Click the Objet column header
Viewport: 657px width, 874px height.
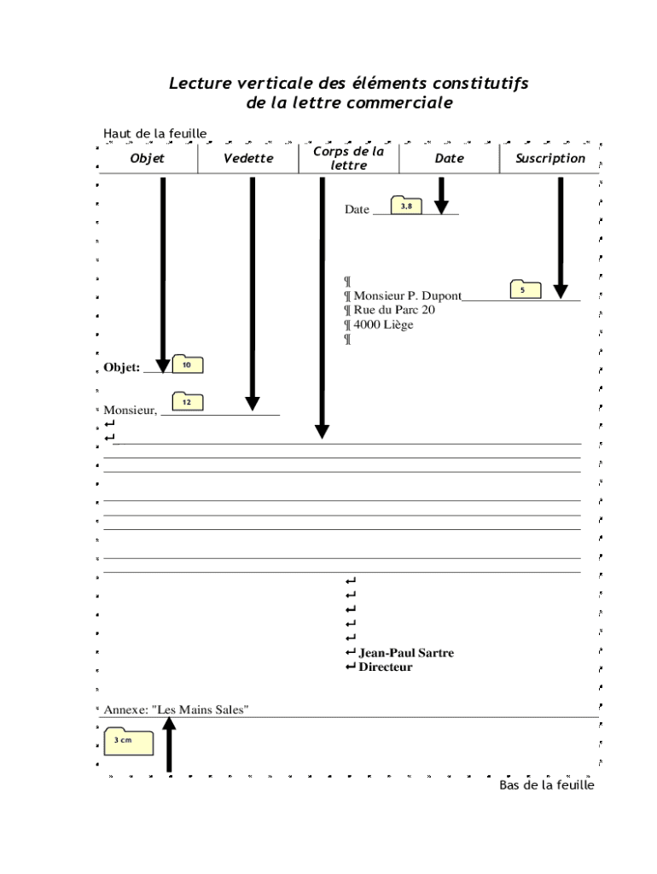(x=148, y=159)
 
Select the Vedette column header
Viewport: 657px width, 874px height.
(x=248, y=159)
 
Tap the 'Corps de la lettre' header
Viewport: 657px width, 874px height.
(x=348, y=158)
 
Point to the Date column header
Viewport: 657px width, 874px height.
(x=450, y=159)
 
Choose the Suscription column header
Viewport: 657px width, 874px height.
(x=550, y=159)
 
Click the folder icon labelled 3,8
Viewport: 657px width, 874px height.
(x=406, y=206)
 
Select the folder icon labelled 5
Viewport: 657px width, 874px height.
(x=525, y=289)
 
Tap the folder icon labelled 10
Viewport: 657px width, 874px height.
(x=187, y=364)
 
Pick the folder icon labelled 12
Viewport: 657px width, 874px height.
(x=187, y=401)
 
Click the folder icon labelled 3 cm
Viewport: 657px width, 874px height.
(x=128, y=742)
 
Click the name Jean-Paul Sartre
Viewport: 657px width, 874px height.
(x=406, y=654)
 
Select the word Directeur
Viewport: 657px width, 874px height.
(x=386, y=667)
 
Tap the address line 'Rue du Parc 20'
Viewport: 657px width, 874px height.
(x=394, y=311)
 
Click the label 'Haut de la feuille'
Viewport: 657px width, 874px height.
(x=154, y=133)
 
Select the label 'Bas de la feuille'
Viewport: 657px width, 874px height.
(x=546, y=785)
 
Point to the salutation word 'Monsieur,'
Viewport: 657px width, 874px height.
(x=131, y=411)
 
